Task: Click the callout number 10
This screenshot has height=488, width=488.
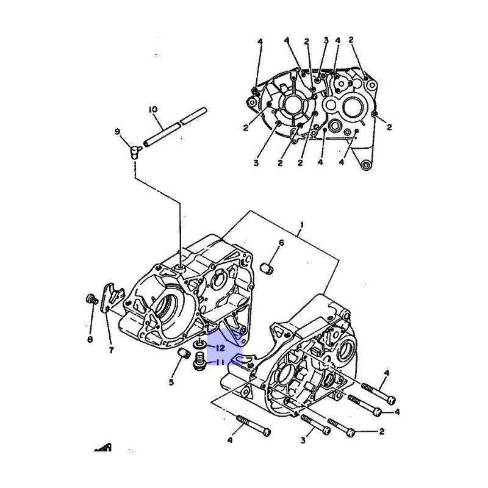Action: [153, 110]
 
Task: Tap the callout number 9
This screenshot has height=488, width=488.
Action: [117, 132]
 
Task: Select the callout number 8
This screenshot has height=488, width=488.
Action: [90, 339]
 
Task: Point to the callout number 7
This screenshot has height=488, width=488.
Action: [111, 350]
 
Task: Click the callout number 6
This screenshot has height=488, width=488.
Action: [281, 242]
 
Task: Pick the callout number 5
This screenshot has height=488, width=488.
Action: [171, 382]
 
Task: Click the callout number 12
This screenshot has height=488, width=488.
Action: [220, 348]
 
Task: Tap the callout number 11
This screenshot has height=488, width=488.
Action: [220, 362]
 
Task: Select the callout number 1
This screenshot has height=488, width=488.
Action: [301, 224]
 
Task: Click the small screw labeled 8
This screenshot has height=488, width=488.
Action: [91, 300]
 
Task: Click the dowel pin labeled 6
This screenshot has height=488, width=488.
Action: [267, 268]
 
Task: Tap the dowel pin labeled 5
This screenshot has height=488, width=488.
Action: [184, 354]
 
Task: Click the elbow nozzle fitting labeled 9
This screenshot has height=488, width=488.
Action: [134, 152]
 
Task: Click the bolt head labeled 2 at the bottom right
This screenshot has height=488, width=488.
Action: [350, 432]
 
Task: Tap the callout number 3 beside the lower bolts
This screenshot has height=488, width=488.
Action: [303, 440]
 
